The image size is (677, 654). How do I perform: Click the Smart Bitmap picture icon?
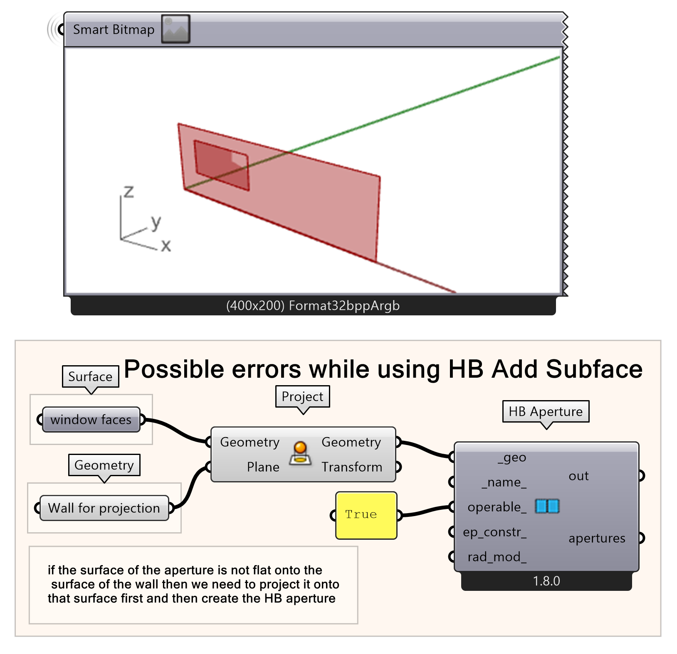pos(175,29)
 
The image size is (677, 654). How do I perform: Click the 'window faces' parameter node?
pos(91,420)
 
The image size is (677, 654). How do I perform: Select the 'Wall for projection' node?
pos(104,508)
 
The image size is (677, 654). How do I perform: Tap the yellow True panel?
pos(366,515)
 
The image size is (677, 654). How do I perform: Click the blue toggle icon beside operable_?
pos(547,506)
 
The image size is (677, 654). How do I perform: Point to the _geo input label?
pos(512,457)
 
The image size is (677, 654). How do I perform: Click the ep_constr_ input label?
pos(495,532)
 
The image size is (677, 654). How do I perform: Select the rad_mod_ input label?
pos(497,557)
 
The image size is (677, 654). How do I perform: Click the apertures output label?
pos(597,538)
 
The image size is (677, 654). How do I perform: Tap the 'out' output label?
pos(578,476)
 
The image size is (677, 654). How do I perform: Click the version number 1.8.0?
pos(546,581)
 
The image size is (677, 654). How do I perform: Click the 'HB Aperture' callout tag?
pos(546,411)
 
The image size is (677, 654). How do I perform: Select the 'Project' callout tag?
pos(302,396)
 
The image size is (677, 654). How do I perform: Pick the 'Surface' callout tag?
pos(90,376)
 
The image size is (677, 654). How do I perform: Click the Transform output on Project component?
pos(351,467)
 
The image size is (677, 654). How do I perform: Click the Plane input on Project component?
pos(263,467)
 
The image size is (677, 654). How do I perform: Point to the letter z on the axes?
pos(129,192)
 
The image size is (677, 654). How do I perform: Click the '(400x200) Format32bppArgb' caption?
pos(313,306)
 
